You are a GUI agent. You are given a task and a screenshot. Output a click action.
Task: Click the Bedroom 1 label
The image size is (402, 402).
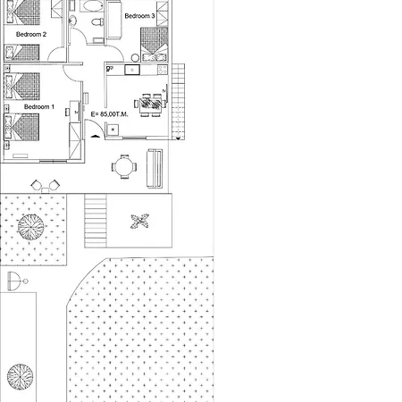tap(38, 106)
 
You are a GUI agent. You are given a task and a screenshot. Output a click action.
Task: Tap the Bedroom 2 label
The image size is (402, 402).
tap(31, 34)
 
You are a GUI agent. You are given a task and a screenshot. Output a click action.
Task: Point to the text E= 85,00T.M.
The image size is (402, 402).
tap(111, 114)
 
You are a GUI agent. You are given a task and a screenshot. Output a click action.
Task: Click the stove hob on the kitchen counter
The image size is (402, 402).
tap(161, 70)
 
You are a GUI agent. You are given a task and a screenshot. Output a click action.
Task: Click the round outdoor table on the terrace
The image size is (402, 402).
tap(125, 165)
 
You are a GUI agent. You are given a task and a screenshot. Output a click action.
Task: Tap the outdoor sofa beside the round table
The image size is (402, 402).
tap(155, 168)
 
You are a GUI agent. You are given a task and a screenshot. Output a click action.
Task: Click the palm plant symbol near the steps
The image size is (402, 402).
tap(139, 221)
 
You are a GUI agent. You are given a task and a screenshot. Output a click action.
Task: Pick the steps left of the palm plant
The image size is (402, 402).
tap(96, 221)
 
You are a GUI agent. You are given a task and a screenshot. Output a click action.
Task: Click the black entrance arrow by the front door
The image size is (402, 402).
tap(95, 137)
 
